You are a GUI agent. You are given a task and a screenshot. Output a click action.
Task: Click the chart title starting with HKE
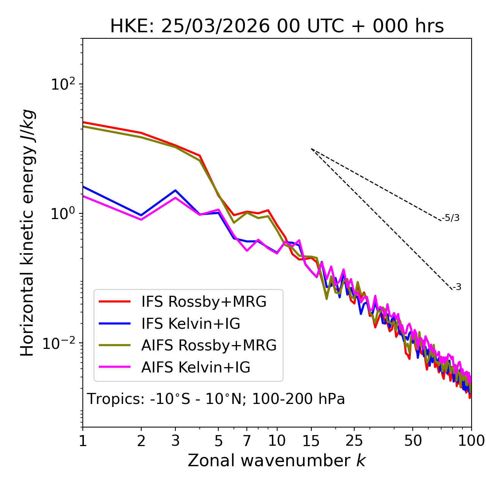coord(277,27)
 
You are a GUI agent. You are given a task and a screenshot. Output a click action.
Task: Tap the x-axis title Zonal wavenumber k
coord(276,461)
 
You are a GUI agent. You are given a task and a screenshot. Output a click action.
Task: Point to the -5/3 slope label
coord(451,218)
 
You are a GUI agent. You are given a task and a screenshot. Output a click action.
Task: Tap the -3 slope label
coord(457,287)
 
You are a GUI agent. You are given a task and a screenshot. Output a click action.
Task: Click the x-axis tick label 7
coord(247,441)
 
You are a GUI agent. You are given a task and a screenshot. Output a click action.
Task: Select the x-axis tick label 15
coord(311,441)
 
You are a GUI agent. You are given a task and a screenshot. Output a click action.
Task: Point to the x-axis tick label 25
coord(354,441)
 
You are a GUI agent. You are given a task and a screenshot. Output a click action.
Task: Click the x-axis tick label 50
coord(413,441)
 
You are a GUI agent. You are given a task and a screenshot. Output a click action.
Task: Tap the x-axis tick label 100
coord(471,441)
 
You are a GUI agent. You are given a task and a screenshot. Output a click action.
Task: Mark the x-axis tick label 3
coord(175,441)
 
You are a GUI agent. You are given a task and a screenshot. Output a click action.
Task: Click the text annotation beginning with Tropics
coord(216,399)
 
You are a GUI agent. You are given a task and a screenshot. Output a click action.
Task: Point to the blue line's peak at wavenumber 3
coord(175,190)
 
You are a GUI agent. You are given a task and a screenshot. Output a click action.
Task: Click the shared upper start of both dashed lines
coord(311,149)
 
